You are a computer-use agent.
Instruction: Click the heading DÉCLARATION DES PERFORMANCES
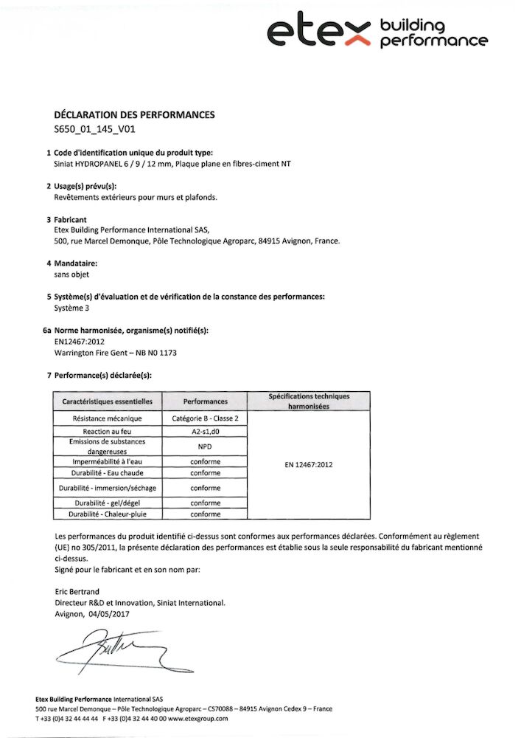[135, 115]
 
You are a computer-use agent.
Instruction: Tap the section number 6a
[48, 331]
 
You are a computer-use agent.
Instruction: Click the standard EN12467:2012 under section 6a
[80, 342]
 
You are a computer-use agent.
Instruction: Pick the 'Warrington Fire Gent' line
[116, 353]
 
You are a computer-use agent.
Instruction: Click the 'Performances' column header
[206, 401]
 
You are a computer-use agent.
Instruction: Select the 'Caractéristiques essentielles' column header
[108, 401]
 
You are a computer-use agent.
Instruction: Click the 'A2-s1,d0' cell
[206, 430]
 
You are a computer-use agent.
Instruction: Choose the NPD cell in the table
[206, 446]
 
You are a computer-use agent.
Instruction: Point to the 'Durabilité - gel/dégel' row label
[108, 503]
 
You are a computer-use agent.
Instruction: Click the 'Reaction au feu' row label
[108, 430]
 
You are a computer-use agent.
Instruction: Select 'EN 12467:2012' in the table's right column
[309, 466]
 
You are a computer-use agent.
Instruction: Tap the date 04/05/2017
[109, 613]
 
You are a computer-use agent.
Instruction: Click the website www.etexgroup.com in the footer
[198, 718]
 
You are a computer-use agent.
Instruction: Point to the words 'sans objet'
[71, 273]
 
